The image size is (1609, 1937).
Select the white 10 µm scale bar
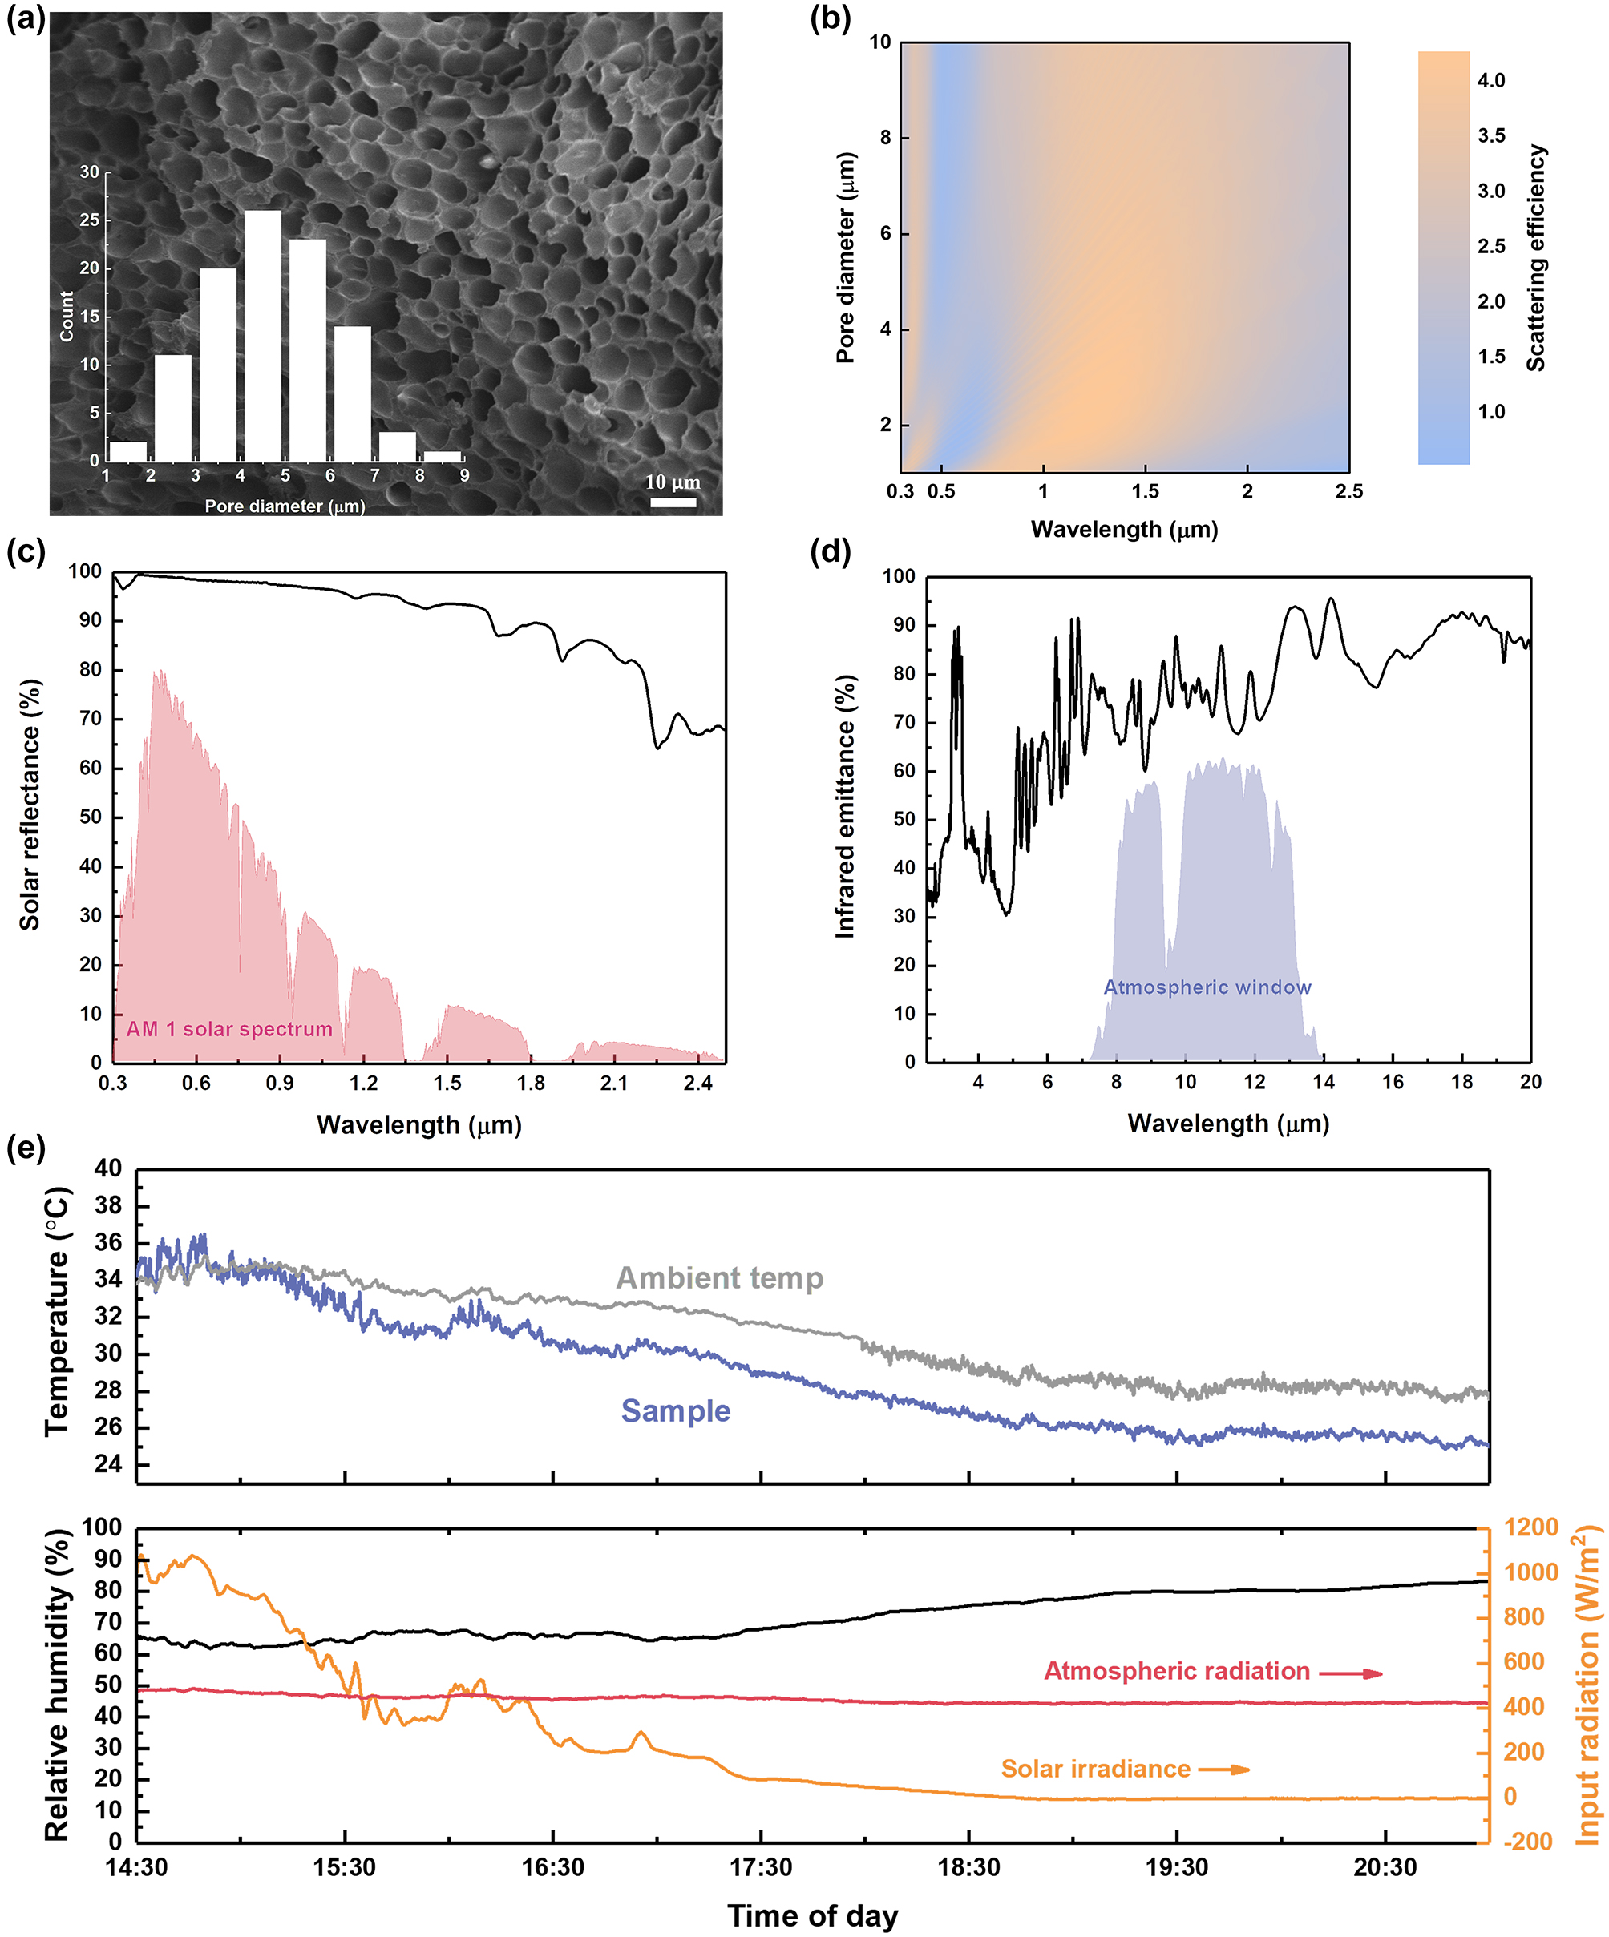(x=673, y=502)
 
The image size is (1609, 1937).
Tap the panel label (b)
(x=830, y=19)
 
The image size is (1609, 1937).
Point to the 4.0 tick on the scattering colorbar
(x=1491, y=81)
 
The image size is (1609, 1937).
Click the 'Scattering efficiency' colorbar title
(x=1535, y=258)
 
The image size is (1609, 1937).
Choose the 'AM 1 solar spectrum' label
(x=228, y=1029)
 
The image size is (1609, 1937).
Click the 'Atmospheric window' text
(x=1207, y=987)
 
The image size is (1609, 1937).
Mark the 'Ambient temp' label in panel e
(x=720, y=1278)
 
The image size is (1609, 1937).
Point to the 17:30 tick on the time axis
(x=760, y=1868)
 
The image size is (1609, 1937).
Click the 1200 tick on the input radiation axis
(x=1530, y=1527)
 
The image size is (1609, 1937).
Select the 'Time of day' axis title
(x=812, y=1916)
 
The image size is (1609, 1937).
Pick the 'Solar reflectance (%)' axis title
(x=30, y=805)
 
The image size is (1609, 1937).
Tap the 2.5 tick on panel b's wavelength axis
(x=1348, y=491)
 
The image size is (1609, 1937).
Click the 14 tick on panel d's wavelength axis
(x=1323, y=1082)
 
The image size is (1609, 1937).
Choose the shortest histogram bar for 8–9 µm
(x=443, y=456)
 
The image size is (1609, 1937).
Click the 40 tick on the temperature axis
(x=108, y=1168)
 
